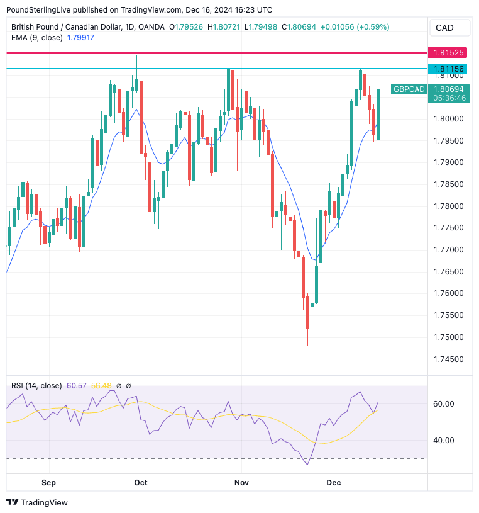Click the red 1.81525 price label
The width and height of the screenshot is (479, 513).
[449, 52]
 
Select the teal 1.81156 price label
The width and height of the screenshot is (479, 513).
[449, 69]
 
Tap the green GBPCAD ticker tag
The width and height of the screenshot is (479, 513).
[409, 89]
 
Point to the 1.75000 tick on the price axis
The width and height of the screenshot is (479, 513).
[449, 337]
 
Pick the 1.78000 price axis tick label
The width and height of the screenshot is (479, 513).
[449, 206]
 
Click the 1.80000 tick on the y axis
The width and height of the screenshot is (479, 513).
[449, 118]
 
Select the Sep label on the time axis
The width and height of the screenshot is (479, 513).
[48, 482]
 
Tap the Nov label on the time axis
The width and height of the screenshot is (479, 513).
[241, 482]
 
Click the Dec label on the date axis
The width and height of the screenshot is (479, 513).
[334, 482]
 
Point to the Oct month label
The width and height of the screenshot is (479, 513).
[141, 482]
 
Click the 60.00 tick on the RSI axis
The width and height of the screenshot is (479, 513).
[443, 403]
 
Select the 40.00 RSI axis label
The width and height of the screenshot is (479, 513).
[443, 440]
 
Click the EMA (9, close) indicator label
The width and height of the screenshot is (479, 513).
[37, 37]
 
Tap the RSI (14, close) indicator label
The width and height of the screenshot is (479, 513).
[36, 385]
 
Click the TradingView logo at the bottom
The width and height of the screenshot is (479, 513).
[37, 502]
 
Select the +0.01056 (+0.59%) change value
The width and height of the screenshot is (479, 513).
[355, 27]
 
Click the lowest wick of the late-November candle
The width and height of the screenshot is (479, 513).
[307, 344]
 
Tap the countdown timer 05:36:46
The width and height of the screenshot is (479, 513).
[449, 98]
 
